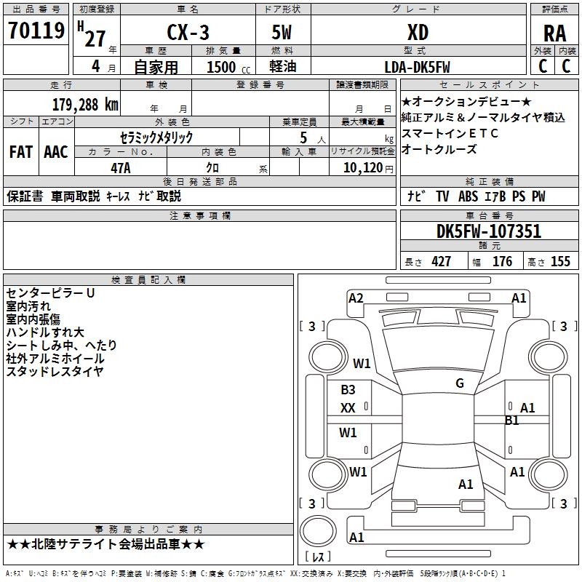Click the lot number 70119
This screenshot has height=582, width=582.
[x=36, y=30]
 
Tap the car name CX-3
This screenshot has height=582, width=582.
[x=188, y=32]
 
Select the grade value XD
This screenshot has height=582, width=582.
[x=418, y=32]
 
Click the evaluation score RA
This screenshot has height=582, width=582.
[x=554, y=33]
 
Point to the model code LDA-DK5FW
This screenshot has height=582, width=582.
[x=417, y=67]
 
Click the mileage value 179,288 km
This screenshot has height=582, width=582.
[x=85, y=105]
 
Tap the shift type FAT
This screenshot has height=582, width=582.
[x=21, y=152]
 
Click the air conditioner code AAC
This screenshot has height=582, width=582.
[x=56, y=152]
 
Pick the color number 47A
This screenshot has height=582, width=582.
[x=121, y=168]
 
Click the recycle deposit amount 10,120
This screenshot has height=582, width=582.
[x=363, y=168]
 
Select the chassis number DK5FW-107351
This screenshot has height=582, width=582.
[x=489, y=231]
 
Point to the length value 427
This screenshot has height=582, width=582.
[x=442, y=261]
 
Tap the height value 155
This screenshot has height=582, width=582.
[x=560, y=261]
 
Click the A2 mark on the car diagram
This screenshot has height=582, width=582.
[x=356, y=298]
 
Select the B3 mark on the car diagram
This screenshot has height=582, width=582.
[x=348, y=389]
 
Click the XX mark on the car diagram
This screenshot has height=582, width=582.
[x=348, y=408]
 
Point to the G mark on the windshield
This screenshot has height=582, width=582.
[x=460, y=383]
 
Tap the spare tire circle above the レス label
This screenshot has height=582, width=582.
[x=318, y=531]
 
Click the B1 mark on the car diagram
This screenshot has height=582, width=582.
[x=512, y=420]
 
